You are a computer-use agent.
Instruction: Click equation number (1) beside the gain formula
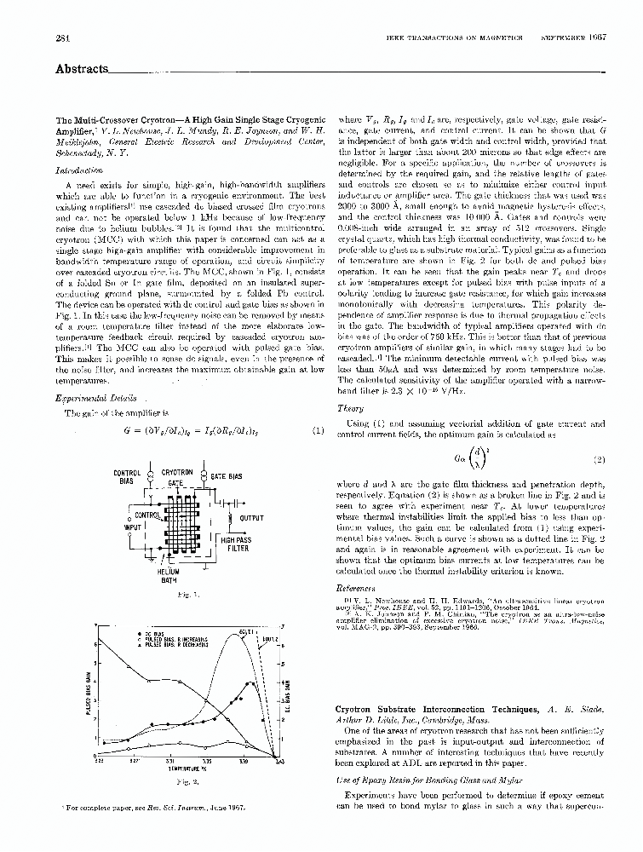318,431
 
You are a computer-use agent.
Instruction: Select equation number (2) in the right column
598,460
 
